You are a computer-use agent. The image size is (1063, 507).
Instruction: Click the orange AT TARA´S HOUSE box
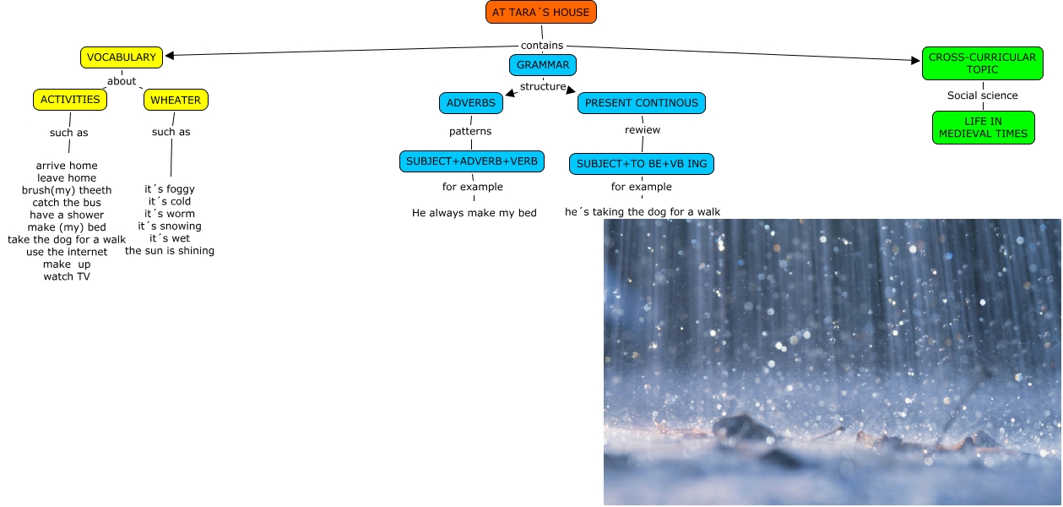tap(541, 13)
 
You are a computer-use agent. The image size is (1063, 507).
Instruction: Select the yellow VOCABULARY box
tap(122, 57)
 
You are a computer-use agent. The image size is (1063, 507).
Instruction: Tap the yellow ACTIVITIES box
tap(70, 100)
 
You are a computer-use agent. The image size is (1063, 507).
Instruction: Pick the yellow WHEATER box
tap(176, 101)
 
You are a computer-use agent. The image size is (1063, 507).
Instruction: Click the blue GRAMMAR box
tap(543, 65)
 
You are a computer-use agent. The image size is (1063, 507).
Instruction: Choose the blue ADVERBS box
tap(471, 103)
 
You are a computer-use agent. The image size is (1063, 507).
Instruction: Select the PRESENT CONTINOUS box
tap(642, 103)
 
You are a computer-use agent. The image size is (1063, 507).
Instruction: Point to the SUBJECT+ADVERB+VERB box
tap(472, 161)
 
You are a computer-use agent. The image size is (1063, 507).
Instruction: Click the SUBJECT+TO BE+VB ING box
tap(642, 164)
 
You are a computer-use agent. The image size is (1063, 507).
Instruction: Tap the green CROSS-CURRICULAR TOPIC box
tap(982, 63)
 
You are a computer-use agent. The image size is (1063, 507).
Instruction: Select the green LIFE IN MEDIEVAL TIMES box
tap(983, 128)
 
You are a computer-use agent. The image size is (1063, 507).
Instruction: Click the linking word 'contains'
tap(542, 46)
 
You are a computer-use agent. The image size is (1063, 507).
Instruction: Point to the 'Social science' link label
tap(982, 95)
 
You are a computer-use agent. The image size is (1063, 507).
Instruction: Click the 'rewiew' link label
tap(643, 130)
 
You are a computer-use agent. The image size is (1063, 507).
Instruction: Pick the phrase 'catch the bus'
tap(67, 203)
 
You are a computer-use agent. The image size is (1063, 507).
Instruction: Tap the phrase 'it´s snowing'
tap(170, 226)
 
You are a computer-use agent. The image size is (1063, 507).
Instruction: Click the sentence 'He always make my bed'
tap(475, 213)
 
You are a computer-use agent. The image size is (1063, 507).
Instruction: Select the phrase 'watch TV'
tap(67, 276)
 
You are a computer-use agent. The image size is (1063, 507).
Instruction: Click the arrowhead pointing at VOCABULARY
tap(170, 56)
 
